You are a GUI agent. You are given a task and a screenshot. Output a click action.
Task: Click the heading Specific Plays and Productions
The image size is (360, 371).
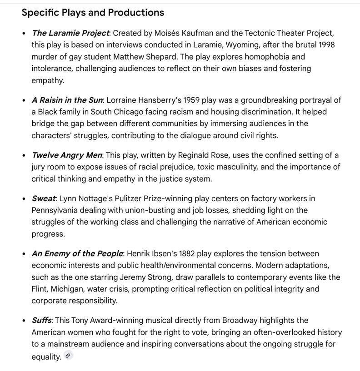(93, 12)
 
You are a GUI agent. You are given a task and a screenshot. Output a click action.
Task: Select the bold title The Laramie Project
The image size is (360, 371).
(70, 33)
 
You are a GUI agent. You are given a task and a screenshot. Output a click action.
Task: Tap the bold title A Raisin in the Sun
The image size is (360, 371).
(67, 100)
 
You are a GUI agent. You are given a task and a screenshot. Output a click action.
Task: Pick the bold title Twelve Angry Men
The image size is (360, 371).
(66, 155)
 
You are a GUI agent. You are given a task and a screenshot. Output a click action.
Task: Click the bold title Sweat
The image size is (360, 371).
(43, 198)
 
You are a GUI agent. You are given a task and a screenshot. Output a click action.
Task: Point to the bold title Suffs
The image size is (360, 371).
(41, 320)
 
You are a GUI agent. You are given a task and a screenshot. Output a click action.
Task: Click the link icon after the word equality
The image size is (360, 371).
(68, 356)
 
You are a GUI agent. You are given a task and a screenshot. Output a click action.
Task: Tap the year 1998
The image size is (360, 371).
(325, 45)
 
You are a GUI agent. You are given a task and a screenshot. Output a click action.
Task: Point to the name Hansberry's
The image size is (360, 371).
(156, 100)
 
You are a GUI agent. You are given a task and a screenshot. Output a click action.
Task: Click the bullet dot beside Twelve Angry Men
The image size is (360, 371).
(24, 155)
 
